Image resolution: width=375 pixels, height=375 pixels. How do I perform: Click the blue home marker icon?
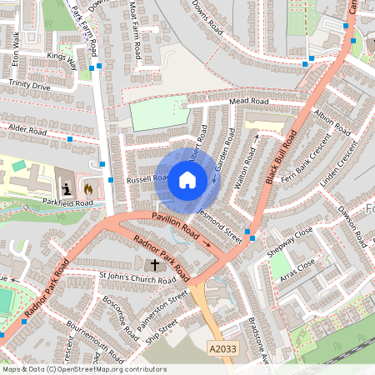[187, 179]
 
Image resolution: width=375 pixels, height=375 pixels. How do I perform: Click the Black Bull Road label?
[282, 158]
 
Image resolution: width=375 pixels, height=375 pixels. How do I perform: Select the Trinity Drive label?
[29, 85]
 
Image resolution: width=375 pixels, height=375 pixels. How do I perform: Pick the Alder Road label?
[27, 131]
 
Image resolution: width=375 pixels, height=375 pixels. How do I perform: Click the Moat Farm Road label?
[135, 30]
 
